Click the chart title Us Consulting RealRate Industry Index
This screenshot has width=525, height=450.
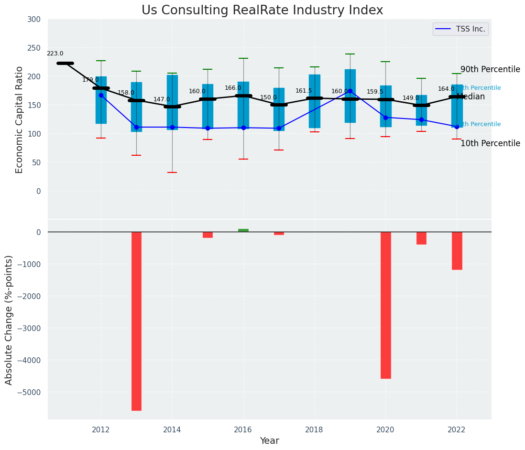pos(262,11)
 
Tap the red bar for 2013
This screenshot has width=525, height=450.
pos(136,321)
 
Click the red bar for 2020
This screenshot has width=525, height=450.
pos(385,305)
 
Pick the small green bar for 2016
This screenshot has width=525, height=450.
pos(243,230)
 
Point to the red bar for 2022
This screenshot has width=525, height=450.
pos(457,251)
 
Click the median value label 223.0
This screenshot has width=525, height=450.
pos(55,54)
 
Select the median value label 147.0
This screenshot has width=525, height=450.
pos(162,100)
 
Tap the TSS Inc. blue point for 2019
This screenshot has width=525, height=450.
pos(350,91)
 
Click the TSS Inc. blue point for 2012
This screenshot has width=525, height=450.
pos(101,95)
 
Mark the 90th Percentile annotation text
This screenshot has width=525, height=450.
pos(490,70)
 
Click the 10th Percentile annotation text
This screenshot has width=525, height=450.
pos(490,144)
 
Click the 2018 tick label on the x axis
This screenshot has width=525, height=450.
pos(314,429)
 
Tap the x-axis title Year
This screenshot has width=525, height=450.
pos(270,441)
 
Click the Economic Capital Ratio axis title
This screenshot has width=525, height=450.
pos(20,119)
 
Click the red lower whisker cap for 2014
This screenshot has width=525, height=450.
pos(172,172)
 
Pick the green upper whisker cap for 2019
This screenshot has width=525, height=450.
pos(350,54)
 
